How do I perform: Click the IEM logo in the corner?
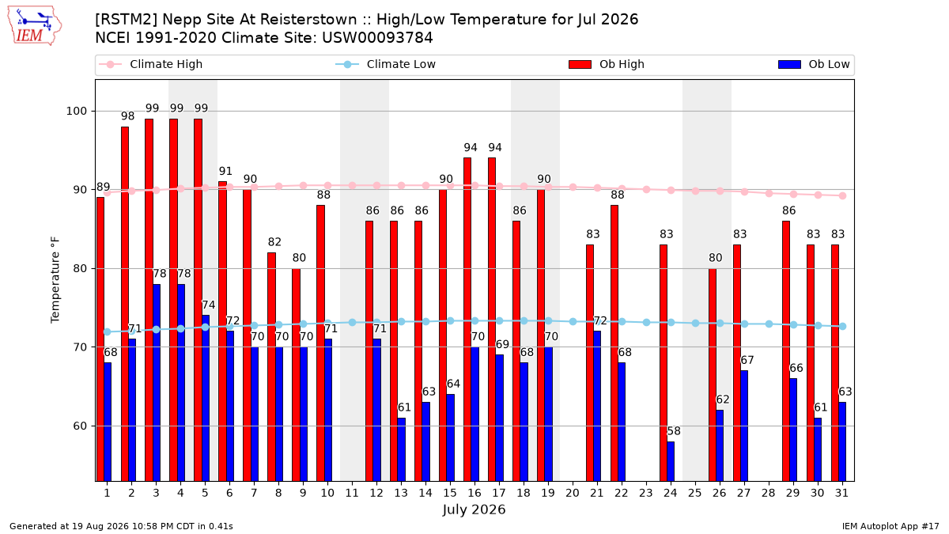35,25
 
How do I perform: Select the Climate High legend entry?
150,64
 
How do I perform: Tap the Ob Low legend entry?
814,64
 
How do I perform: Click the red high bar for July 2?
125,304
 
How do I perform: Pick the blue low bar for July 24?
671,461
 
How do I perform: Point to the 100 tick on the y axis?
76,111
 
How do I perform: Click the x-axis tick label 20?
572,493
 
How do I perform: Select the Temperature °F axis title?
55,280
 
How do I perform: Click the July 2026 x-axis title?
474,509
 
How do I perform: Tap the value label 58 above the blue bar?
674,431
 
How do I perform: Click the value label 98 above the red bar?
127,116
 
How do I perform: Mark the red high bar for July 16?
467,320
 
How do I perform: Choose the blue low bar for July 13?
401,449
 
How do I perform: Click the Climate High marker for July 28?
769,193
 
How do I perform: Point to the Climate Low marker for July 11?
352,323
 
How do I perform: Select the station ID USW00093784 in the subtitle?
377,38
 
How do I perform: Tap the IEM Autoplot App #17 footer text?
890,526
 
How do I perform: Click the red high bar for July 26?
713,375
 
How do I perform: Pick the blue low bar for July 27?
744,426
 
